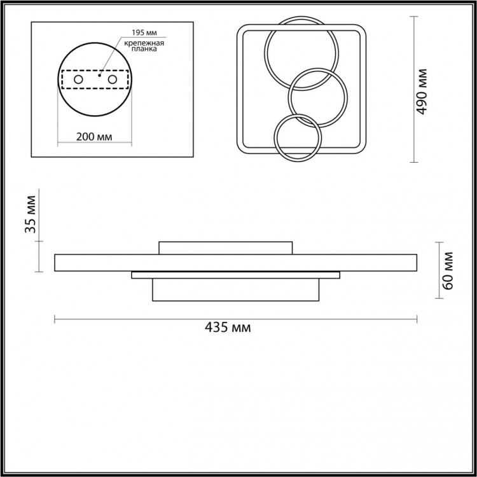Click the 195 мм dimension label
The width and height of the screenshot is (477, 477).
click(144, 32)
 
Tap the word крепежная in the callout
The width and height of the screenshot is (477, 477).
click(144, 43)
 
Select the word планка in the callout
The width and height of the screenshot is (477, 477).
click(144, 49)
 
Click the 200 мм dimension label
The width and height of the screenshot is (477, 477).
click(94, 137)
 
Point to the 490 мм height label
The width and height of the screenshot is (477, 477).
click(422, 92)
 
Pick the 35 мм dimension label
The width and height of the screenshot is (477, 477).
click(31, 214)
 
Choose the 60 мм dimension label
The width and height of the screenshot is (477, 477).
click(448, 271)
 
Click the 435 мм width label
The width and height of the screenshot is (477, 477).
click(228, 328)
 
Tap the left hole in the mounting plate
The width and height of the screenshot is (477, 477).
click(78, 79)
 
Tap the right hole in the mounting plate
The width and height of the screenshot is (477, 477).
click(112, 79)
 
